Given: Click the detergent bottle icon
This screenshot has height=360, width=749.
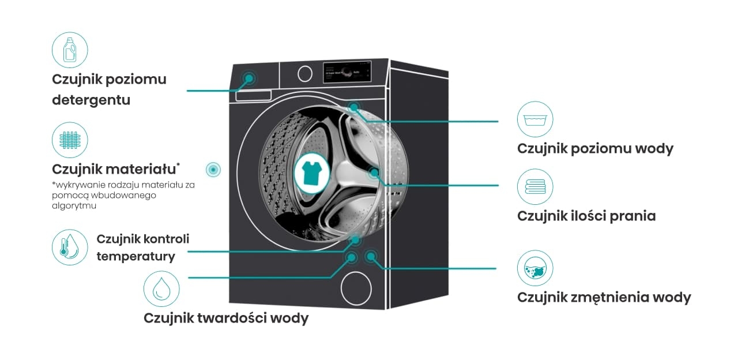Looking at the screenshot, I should tap(70, 50).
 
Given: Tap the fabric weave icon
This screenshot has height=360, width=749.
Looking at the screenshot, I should tap(70, 140).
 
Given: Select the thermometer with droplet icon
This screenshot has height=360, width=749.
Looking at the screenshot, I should tap(70, 247).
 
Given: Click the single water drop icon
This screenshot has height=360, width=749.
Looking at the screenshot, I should tap(161, 288).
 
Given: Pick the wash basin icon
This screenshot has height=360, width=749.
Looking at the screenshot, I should tap(535, 119).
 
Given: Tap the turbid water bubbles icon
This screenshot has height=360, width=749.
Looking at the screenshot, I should tap(535, 268).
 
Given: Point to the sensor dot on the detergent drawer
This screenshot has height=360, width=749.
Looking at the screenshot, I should tap(249, 78).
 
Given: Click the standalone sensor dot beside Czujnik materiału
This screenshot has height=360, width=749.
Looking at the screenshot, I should tap(214, 169).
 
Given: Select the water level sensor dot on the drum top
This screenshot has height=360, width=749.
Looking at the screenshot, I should tap(353, 107).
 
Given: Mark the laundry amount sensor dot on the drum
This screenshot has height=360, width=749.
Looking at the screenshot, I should tap(374, 172).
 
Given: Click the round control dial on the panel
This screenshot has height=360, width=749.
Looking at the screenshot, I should tap(305, 73).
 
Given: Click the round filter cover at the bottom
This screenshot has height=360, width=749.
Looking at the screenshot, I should tap(357, 287).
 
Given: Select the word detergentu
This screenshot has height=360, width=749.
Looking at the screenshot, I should tap(91, 100).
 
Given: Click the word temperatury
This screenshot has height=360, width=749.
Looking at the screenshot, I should tap(136, 256).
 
